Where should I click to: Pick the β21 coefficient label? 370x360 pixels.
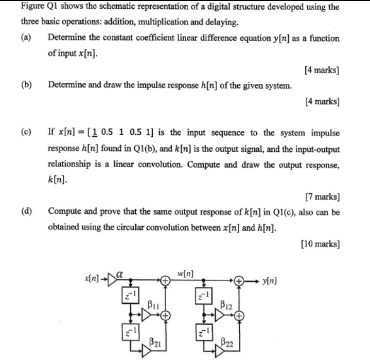point(154,341)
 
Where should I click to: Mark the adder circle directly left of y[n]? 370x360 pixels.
point(239,281)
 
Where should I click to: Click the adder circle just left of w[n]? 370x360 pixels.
point(165,281)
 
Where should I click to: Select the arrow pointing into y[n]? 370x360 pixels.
point(252,281)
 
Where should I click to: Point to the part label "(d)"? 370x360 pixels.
point(26,211)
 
